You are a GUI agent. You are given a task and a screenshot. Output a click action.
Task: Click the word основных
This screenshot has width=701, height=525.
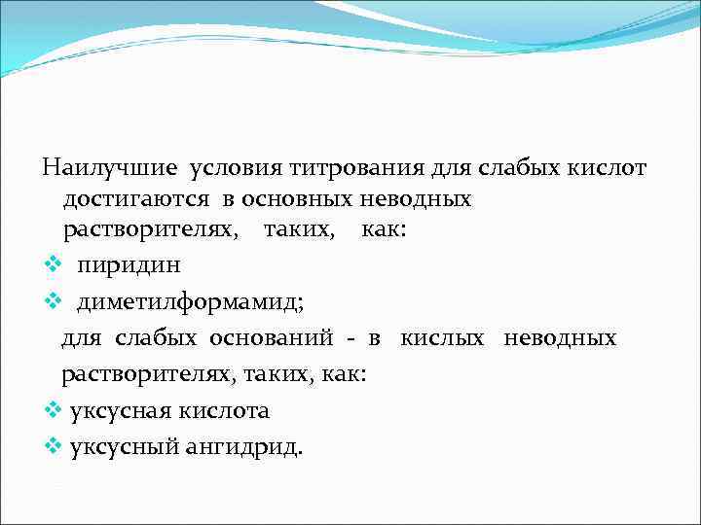pyautogui.click(x=286, y=200)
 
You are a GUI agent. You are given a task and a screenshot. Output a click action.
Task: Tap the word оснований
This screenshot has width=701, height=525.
pyautogui.click(x=269, y=338)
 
